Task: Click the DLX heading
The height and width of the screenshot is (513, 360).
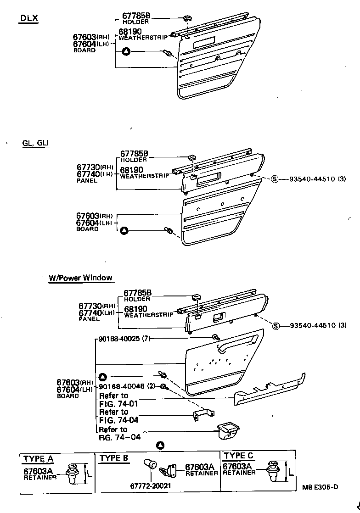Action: [x=29, y=19]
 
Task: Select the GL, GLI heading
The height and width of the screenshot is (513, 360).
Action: [x=35, y=143]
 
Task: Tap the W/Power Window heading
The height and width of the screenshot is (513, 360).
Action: [x=80, y=278]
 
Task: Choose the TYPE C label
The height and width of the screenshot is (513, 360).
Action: [x=238, y=456]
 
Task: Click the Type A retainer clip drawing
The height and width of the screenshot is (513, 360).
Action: [x=72, y=473]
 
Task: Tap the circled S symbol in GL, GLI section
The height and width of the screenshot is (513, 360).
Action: [x=275, y=179]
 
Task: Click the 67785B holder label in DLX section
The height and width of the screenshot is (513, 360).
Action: [x=136, y=18]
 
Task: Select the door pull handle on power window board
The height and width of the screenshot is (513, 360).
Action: [x=238, y=342]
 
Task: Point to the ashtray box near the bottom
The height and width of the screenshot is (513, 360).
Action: [x=228, y=429]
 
